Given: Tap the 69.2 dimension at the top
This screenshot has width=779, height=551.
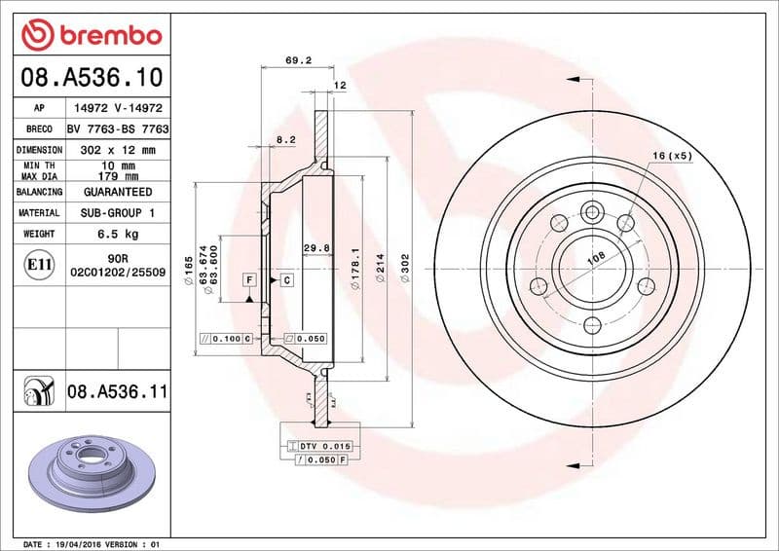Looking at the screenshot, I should coord(298,60).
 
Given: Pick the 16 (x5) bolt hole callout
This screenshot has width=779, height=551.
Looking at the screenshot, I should coord(672,156).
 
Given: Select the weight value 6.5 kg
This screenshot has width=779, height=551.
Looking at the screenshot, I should coord(118,235).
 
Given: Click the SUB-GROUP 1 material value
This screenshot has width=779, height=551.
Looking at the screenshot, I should coord(118,213).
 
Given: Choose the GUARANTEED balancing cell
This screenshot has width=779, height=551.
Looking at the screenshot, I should coord(118,193).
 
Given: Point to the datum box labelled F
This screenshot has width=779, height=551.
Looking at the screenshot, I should coord(250,280).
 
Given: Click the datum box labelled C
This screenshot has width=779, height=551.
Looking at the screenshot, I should coord(287,280).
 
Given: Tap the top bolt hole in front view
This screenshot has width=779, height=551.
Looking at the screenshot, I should coord(592,213).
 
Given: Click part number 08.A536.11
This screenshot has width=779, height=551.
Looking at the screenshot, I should coord(118,391).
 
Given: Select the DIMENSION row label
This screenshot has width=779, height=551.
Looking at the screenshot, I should coord(40,151).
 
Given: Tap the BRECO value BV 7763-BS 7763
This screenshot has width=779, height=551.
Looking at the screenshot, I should coord(118,129).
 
